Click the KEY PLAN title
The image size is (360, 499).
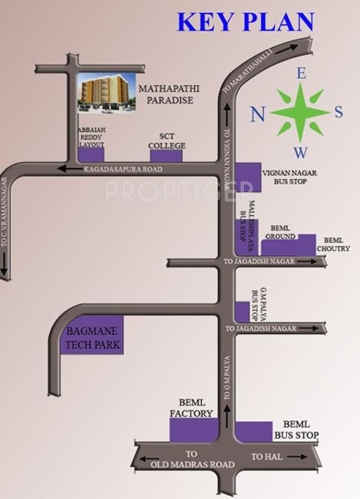[x=246, y=21]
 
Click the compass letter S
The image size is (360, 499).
[x=339, y=112]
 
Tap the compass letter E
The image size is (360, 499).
[x=302, y=74]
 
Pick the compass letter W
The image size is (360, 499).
[x=302, y=153]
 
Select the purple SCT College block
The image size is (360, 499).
[x=166, y=156]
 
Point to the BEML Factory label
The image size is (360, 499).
[x=191, y=408]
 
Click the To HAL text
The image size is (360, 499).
[x=263, y=458]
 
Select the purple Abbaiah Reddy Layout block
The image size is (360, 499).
[x=91, y=155]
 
